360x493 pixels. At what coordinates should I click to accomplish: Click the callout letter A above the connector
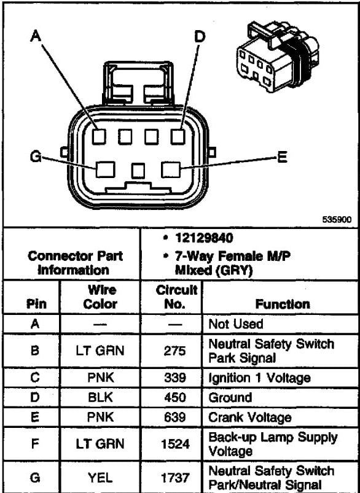[x=36, y=36]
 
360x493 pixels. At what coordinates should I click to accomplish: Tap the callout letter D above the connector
[x=200, y=37]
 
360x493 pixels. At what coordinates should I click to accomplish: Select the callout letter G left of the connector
[x=36, y=157]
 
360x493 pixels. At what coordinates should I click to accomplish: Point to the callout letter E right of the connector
[x=282, y=158]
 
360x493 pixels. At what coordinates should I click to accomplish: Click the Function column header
[x=283, y=304]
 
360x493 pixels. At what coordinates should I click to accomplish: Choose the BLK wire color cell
[x=100, y=398]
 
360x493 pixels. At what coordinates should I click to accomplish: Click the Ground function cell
[x=230, y=398]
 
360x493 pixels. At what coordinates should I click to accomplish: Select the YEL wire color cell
[x=100, y=477]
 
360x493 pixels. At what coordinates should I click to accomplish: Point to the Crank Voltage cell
[x=250, y=417]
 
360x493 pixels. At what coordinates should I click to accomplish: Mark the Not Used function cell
[x=236, y=324]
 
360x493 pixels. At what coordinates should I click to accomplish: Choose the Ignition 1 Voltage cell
[x=259, y=378]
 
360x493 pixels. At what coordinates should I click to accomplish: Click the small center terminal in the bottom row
[x=138, y=170]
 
